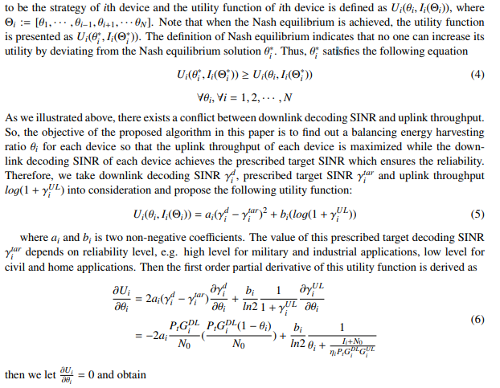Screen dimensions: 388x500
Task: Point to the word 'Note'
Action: [200, 22]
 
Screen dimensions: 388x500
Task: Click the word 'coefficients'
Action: [199, 237]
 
